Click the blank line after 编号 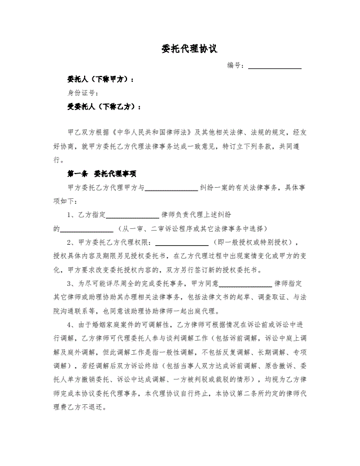[x=275, y=68]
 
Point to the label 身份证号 [x=82, y=92]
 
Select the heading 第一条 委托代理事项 [x=102, y=174]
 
